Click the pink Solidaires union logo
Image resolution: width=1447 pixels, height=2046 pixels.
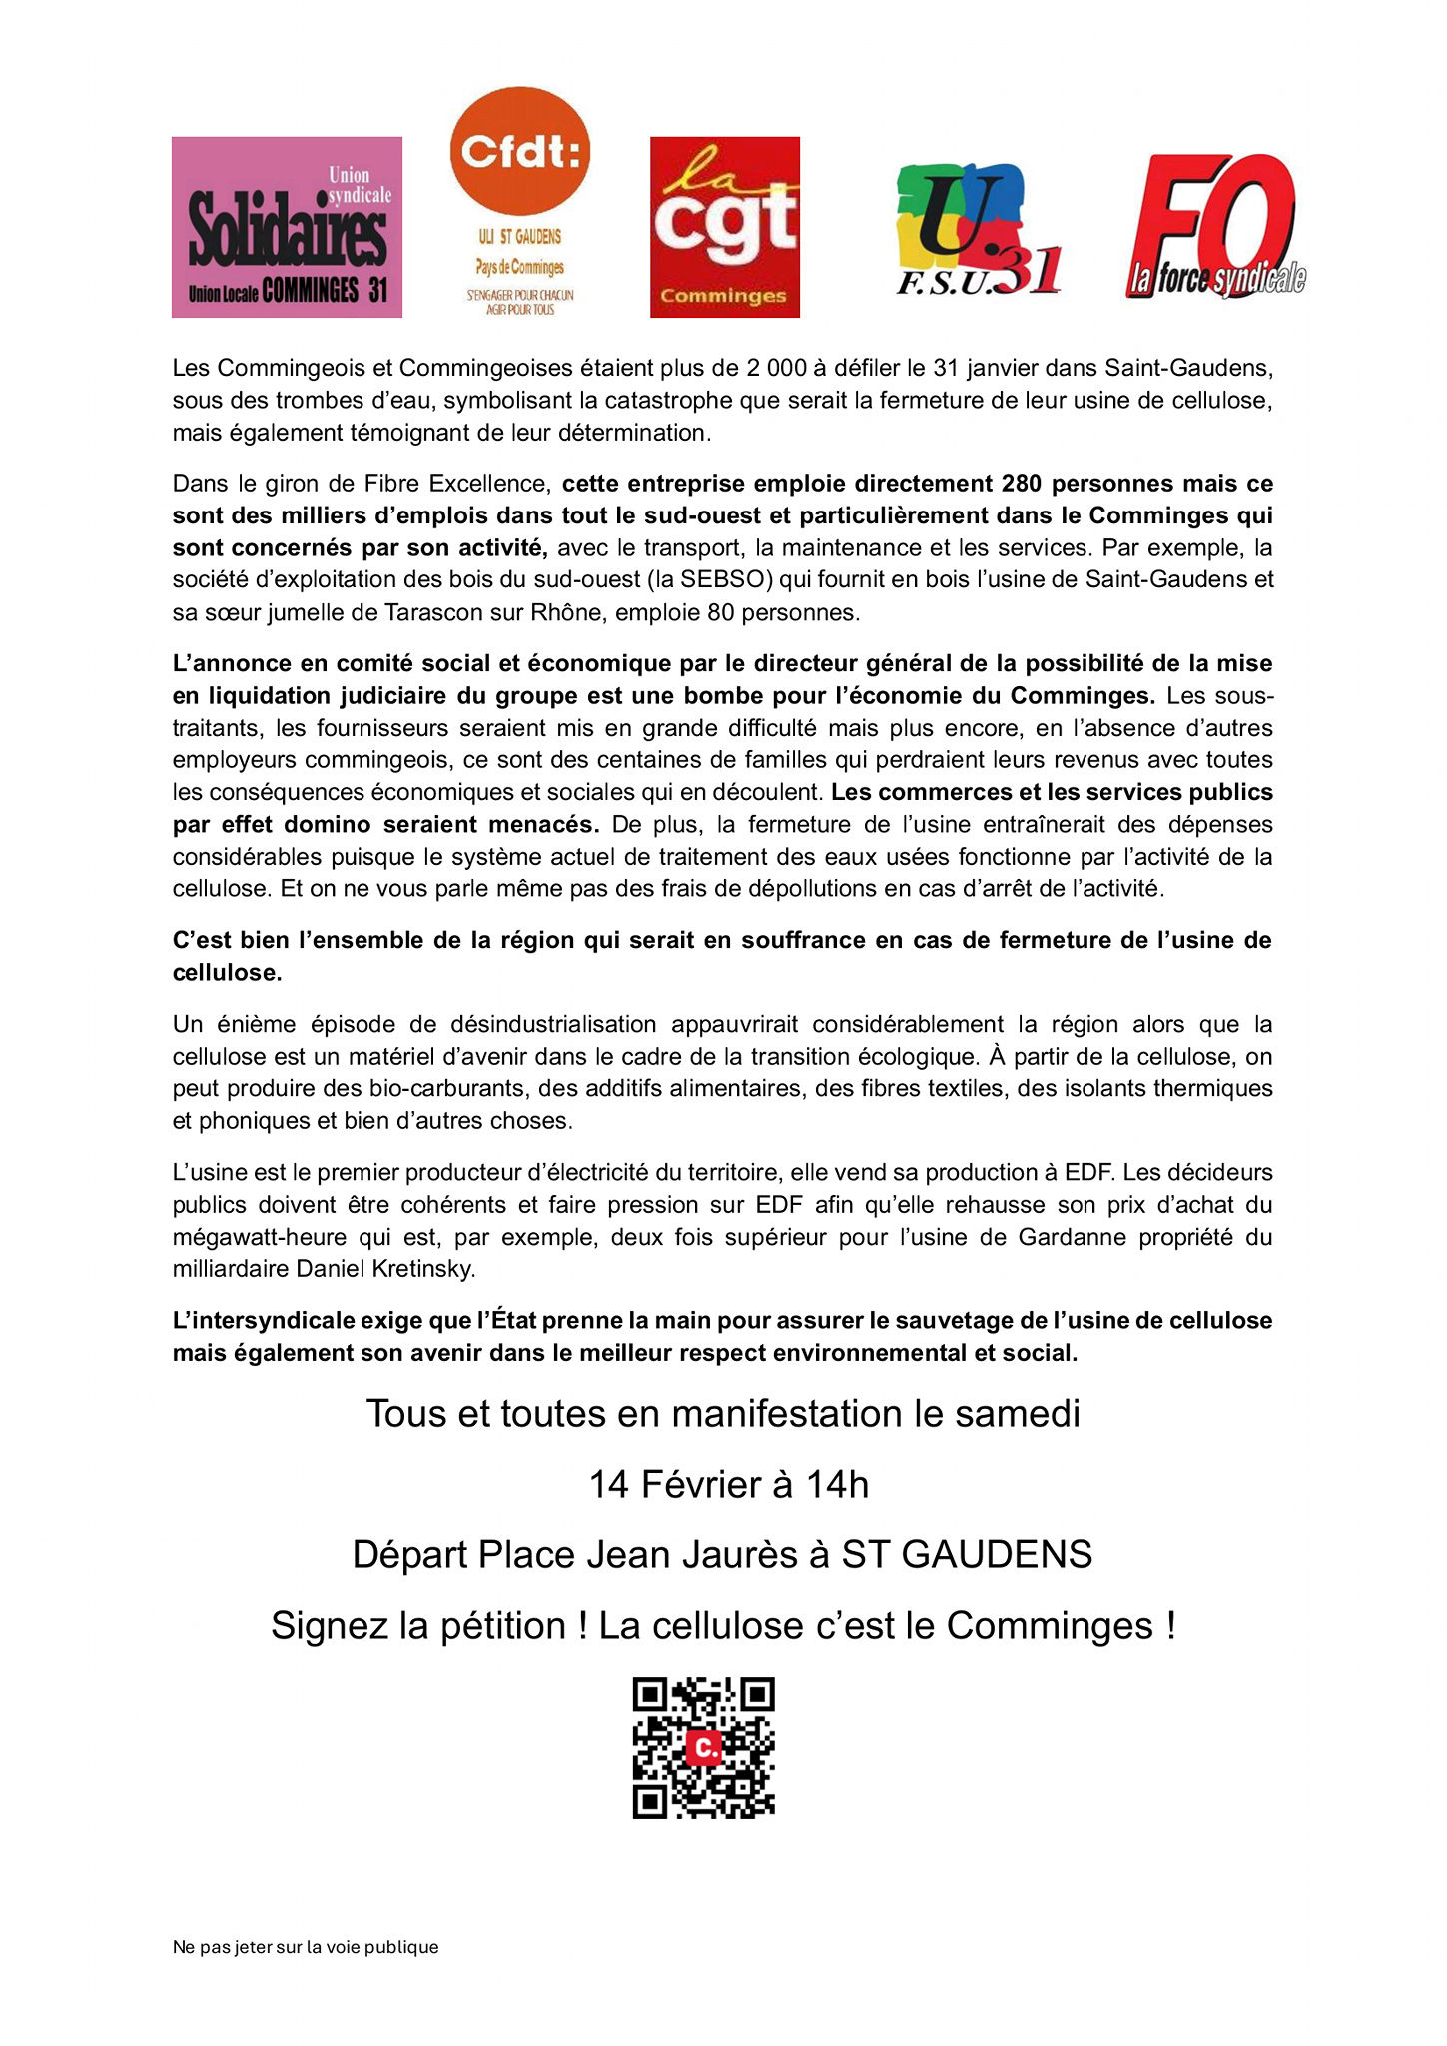point(287,227)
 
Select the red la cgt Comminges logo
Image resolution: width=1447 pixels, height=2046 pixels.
point(724,227)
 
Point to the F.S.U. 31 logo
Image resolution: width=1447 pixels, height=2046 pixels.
point(977,230)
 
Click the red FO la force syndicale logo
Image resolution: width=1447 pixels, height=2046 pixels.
point(1215,227)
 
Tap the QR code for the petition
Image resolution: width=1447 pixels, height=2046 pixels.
point(704,1748)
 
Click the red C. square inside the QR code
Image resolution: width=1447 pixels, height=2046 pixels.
point(705,1747)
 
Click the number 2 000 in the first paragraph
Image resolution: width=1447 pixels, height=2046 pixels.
point(775,368)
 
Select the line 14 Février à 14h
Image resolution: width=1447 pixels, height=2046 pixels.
point(728,1485)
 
